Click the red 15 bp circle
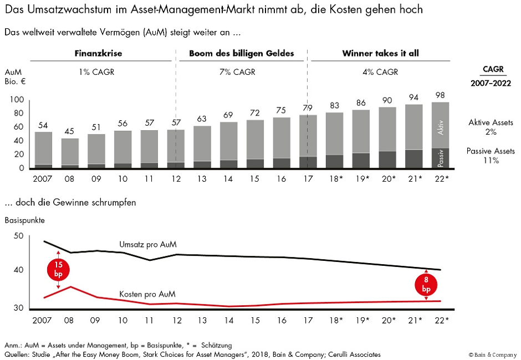point(58,270)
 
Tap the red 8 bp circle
point(426,285)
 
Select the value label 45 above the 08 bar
point(70,131)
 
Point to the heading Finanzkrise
point(98,54)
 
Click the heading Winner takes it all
point(380,54)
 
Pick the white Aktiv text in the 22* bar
point(441,128)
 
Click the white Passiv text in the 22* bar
point(441,158)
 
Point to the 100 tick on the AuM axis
point(18,100)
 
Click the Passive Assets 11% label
point(491,156)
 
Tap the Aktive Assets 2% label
point(491,127)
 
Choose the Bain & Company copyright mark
point(492,354)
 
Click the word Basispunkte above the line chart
point(25,220)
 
